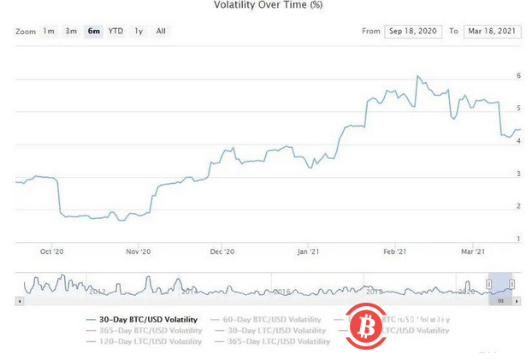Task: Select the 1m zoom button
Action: point(49,32)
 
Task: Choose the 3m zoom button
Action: point(71,32)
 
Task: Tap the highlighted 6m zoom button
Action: point(93,32)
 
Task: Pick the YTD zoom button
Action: point(115,32)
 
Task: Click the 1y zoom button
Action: point(139,32)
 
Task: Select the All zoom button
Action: point(161,32)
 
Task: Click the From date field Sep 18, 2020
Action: point(413,32)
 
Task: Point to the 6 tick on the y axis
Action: point(518,76)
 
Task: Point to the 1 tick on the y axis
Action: point(518,238)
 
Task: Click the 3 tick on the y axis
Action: point(518,174)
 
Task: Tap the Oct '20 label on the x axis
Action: point(51,251)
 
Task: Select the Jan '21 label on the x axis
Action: point(309,251)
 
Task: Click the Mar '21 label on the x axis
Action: point(474,251)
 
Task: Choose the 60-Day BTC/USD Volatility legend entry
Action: point(275,319)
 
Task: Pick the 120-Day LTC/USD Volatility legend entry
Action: point(145,341)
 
